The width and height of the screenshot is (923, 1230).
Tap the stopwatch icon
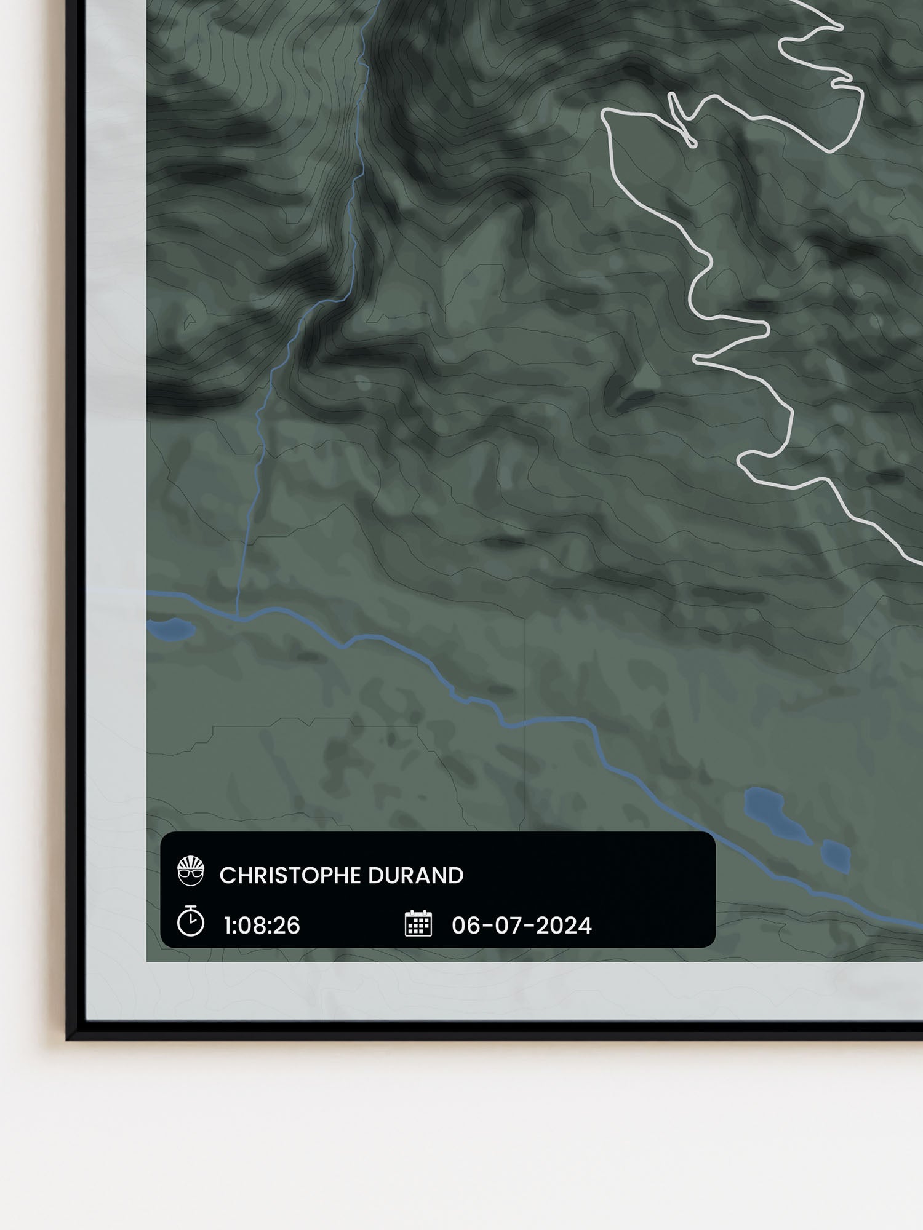coord(191,921)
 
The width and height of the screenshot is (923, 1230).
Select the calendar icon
coord(418,923)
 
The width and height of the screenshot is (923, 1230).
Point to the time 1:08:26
coord(262,926)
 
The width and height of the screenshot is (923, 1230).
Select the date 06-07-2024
coord(522,926)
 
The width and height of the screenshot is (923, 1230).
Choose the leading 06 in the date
coord(464,926)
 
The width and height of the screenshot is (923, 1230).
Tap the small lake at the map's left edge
coord(171,629)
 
